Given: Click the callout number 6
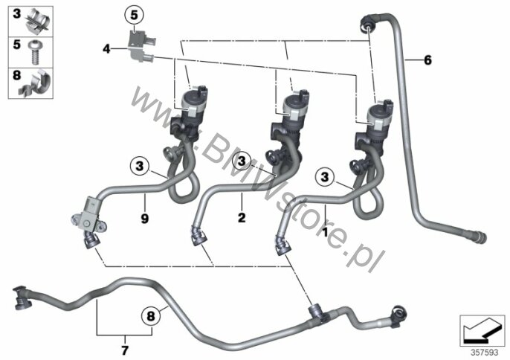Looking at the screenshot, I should [427, 60].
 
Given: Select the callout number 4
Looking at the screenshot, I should [106, 49].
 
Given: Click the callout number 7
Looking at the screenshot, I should [124, 349].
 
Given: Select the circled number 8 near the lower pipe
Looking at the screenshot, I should [149, 315].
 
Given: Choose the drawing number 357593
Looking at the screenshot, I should [482, 347].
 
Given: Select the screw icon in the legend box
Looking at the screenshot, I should [35, 48].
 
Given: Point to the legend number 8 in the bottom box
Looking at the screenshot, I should [15, 74].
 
